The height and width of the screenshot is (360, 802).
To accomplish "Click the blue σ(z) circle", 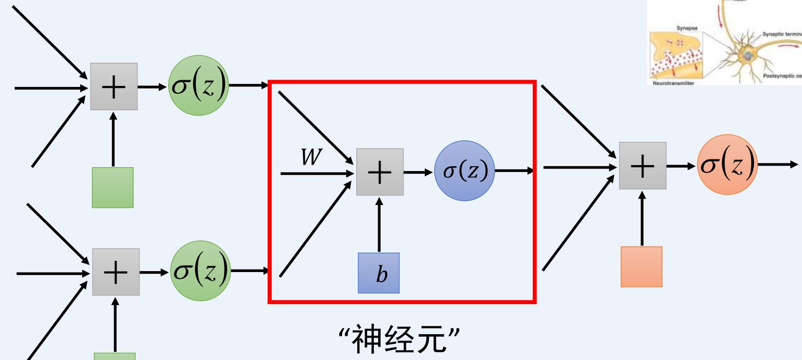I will point(464,171).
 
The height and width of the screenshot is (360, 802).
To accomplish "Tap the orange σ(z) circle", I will point(727,165).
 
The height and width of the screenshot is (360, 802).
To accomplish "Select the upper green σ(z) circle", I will point(198,86).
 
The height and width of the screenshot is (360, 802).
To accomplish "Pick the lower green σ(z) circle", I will point(200,271).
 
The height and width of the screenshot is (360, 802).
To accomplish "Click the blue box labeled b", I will point(379,273).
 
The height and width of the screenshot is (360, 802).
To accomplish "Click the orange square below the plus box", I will point(641,267).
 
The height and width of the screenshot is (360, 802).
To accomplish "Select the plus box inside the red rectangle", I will point(380,172).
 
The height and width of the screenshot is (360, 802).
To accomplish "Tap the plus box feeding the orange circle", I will point(642,166).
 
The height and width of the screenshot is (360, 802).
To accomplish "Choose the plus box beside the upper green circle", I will point(114,86).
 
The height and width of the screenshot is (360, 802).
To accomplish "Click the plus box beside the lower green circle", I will point(116,272).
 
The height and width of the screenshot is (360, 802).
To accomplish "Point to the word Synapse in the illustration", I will point(687,28).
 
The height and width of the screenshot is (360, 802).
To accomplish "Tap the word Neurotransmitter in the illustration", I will point(673,83).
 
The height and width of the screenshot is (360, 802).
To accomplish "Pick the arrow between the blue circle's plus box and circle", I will point(418,172).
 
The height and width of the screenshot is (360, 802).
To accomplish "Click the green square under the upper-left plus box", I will point(113,188).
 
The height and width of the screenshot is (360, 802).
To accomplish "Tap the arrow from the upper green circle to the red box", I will point(248,86).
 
